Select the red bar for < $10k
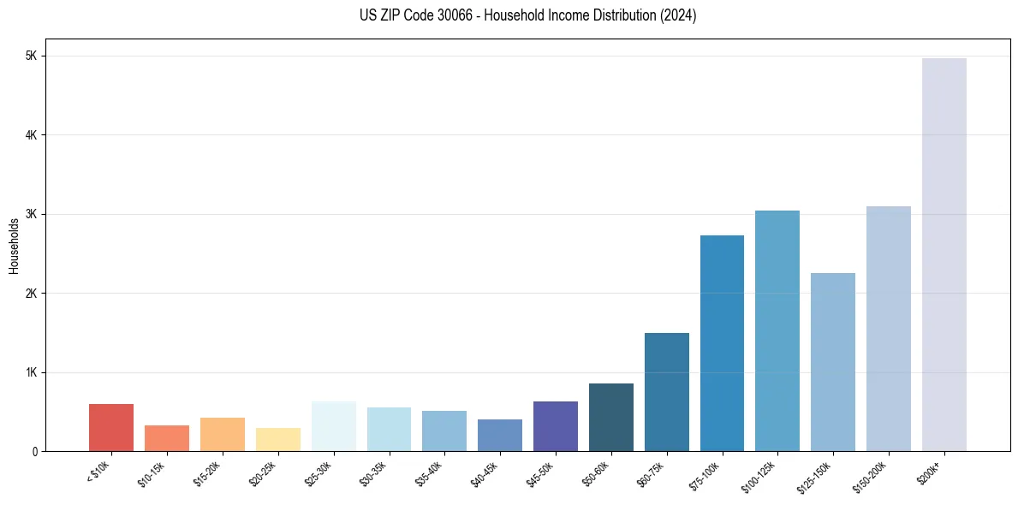(111, 427)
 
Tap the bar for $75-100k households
(722, 343)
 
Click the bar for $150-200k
(889, 329)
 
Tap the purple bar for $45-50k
(555, 426)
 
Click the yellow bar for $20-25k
(277, 439)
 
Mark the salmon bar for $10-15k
(166, 438)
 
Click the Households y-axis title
(14, 245)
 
